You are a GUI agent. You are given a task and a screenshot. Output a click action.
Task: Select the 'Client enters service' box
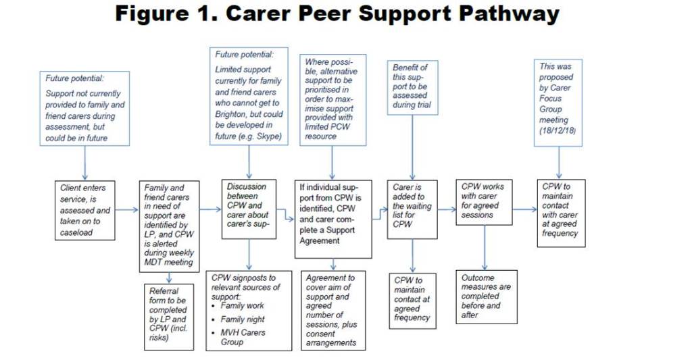click(x=84, y=210)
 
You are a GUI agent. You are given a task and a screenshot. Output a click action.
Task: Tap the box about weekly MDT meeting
click(x=169, y=225)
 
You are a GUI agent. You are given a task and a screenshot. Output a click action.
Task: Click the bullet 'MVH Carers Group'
click(x=245, y=337)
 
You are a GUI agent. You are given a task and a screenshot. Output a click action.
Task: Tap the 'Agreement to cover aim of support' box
click(x=332, y=310)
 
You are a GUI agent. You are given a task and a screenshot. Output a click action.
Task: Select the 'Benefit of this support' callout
click(x=412, y=86)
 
